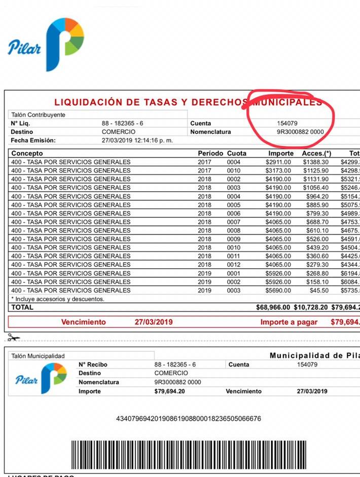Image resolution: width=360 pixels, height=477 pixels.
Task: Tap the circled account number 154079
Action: click(287, 123)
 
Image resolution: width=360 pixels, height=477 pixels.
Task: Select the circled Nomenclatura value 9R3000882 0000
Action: click(300, 132)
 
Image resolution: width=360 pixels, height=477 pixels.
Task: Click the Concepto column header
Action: click(27, 153)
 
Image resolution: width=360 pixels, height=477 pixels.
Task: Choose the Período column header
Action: click(210, 153)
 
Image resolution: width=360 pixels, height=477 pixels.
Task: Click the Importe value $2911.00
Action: click(278, 162)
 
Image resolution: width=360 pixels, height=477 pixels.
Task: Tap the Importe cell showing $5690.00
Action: click(278, 290)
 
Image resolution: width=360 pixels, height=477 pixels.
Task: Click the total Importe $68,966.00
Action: click(273, 307)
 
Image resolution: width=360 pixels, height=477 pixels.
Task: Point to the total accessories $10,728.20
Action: click(312, 307)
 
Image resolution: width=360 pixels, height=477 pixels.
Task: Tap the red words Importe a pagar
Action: click(289, 322)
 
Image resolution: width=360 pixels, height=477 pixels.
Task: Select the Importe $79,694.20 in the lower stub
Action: click(169, 391)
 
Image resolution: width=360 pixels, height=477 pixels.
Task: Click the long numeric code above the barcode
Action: click(189, 419)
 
